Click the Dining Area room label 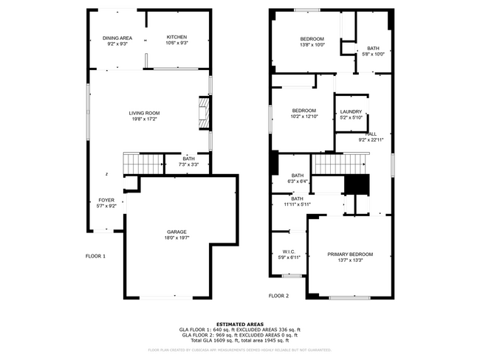click(x=117, y=37)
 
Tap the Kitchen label click(x=176, y=37)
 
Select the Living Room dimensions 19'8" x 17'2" click(x=144, y=119)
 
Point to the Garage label click(x=176, y=232)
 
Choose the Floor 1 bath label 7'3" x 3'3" click(x=189, y=164)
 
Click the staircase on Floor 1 click(x=141, y=162)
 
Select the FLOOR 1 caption click(x=95, y=256)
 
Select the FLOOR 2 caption click(x=278, y=295)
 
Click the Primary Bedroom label click(x=350, y=255)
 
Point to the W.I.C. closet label click(x=289, y=252)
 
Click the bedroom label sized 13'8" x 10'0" click(x=312, y=38)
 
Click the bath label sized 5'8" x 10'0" click(x=373, y=48)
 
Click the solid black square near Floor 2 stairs click(x=357, y=185)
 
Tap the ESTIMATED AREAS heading click(x=239, y=323)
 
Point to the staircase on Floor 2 click(x=339, y=163)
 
